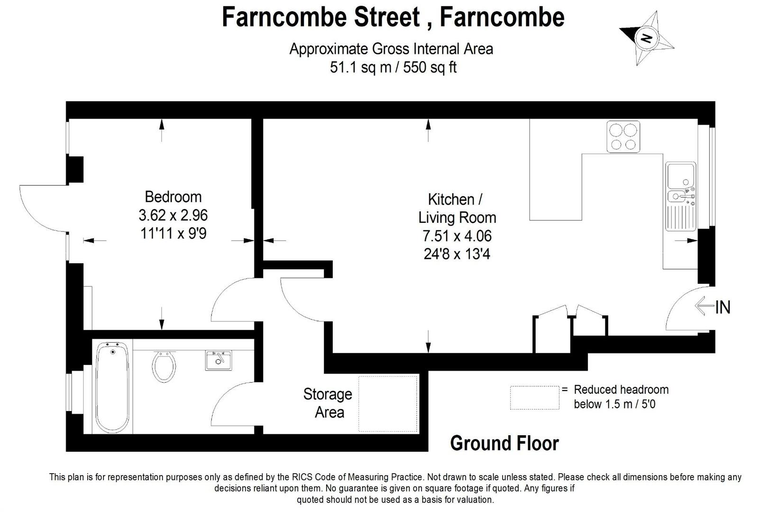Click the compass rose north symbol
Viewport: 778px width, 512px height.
point(646,37)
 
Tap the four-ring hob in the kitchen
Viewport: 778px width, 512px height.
point(623,137)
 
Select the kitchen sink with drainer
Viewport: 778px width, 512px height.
point(681,196)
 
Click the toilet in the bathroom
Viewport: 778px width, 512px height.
point(164,366)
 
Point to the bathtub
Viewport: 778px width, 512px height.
point(112,387)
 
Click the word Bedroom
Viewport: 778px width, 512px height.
point(173,197)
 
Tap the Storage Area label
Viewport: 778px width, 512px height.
point(328,403)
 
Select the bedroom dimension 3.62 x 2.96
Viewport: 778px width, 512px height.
point(173,215)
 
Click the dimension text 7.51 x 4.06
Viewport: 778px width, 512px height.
point(457,236)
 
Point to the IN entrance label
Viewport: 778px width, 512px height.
point(723,307)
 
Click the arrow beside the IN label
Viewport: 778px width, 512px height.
point(705,306)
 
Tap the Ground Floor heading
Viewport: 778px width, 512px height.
point(504,443)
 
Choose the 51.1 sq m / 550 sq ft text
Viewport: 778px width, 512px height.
point(393,67)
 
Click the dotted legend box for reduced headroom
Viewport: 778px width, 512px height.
point(534,398)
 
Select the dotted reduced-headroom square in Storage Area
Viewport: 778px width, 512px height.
point(388,403)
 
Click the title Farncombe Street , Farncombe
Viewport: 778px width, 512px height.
point(393,17)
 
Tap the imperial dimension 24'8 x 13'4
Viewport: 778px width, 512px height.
point(457,254)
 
